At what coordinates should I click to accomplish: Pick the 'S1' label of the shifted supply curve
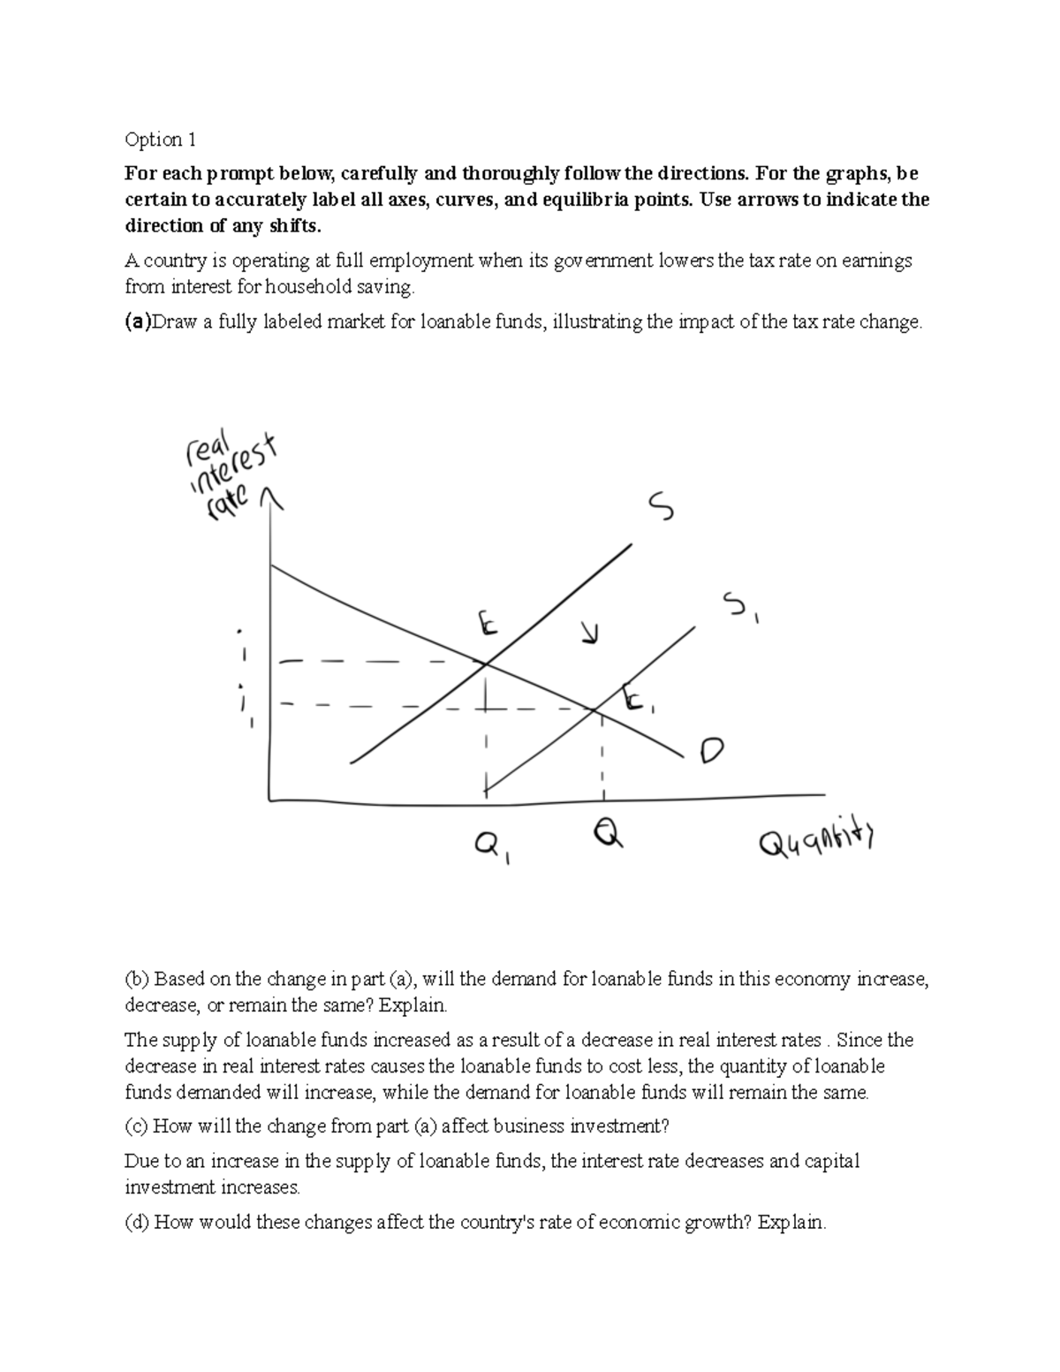(x=740, y=609)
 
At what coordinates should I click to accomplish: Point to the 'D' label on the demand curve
(x=711, y=751)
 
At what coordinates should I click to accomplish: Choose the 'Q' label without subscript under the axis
(x=608, y=833)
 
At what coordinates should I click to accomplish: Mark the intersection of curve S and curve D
(x=484, y=663)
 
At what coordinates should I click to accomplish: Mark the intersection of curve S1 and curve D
(x=594, y=709)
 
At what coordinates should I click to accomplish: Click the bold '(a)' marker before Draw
(x=138, y=322)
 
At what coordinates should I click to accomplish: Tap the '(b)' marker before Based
(x=138, y=979)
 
